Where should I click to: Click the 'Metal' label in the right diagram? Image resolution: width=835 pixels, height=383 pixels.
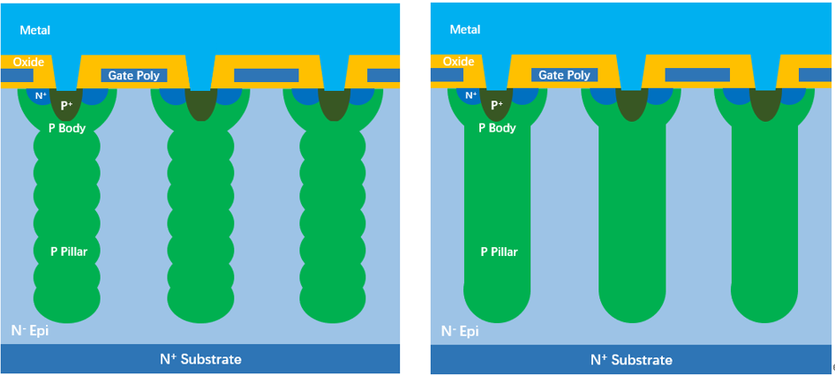465,30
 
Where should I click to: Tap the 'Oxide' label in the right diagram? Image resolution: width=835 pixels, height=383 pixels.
458,62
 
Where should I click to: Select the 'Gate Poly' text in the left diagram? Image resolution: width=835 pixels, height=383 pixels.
134,76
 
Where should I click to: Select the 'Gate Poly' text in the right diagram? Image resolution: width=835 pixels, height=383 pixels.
564,76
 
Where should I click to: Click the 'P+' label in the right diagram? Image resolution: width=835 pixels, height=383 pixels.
497,104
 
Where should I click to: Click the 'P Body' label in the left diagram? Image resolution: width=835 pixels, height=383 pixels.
66,128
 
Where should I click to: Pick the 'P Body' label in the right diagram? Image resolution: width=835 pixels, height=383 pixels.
497,128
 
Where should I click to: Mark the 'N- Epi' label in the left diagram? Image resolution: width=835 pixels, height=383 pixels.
29,331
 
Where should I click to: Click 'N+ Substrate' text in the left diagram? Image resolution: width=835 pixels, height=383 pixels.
200,359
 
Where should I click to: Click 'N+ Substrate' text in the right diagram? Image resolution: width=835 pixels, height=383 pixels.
631,360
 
